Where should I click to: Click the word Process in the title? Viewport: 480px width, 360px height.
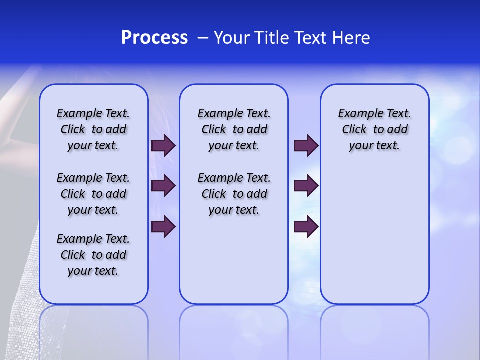click(x=154, y=38)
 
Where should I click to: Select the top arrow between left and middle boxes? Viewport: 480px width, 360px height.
click(x=163, y=146)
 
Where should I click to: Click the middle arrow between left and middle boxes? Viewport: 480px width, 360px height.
click(x=163, y=186)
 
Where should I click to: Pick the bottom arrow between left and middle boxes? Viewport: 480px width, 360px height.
click(x=163, y=226)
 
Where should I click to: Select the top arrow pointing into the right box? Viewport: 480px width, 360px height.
click(x=306, y=146)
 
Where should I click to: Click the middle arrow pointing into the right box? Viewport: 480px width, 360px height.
click(x=306, y=186)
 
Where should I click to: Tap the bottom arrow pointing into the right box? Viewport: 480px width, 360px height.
click(x=306, y=226)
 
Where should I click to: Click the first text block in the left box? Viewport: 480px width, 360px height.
click(x=93, y=129)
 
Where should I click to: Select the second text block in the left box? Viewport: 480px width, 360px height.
click(x=93, y=194)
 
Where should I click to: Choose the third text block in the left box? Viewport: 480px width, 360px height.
click(x=93, y=255)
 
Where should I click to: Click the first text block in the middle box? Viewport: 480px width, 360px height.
click(x=234, y=129)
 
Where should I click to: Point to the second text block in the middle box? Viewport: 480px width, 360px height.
click(x=234, y=194)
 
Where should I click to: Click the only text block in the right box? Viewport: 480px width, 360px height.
click(x=375, y=129)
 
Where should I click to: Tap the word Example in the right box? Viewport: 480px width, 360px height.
click(x=355, y=114)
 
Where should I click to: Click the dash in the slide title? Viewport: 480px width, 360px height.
click(x=203, y=38)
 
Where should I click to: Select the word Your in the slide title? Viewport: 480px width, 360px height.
click(x=231, y=38)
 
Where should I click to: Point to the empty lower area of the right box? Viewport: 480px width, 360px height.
click(x=375, y=240)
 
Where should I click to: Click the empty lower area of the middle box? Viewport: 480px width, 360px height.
click(x=234, y=260)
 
